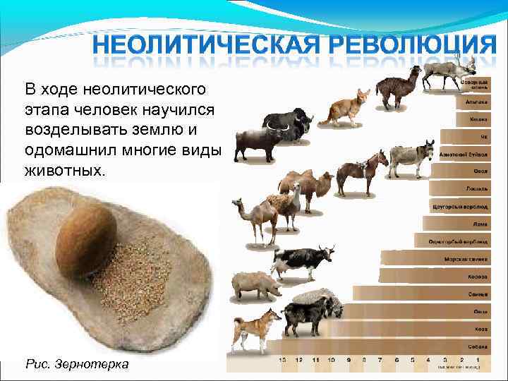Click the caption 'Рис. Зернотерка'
pyautogui.click(x=77, y=364)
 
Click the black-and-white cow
pyautogui.click(x=300, y=261)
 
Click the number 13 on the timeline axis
pyautogui.click(x=282, y=360)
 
